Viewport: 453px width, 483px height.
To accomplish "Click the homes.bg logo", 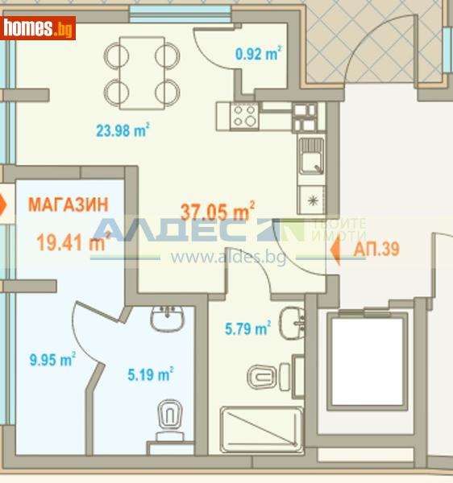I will [x=38, y=28].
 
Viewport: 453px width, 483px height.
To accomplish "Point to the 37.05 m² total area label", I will [x=218, y=212].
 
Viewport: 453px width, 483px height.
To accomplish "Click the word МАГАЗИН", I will [x=68, y=204].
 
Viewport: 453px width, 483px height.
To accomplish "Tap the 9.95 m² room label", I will [x=52, y=359].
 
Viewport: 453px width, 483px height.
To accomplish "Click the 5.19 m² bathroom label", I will [x=151, y=374].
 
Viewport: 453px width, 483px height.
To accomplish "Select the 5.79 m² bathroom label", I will [x=247, y=328].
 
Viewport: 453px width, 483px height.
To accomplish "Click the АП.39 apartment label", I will [x=376, y=250].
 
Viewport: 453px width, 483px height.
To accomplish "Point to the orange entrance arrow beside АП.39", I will [x=338, y=250].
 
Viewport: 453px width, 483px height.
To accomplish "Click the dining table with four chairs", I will [x=143, y=72].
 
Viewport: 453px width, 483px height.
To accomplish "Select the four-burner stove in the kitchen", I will [x=244, y=116].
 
